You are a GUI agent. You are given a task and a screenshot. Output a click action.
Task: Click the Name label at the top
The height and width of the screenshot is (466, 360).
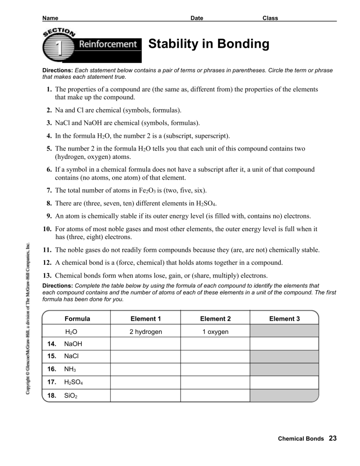50,18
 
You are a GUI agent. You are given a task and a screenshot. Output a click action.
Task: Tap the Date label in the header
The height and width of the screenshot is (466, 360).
197,18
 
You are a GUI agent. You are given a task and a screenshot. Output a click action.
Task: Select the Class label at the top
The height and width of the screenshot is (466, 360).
270,18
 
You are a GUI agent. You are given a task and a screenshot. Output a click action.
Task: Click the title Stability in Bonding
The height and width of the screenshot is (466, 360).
209,45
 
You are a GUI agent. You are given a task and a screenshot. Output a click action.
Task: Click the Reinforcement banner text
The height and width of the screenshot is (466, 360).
107,45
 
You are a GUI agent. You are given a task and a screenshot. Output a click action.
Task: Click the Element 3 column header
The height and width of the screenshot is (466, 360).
285,318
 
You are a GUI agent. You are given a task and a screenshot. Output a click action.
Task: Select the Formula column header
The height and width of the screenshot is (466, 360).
77,318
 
